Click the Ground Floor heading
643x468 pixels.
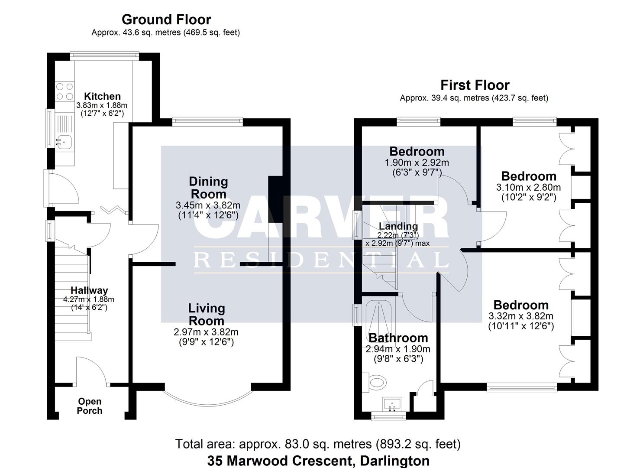166,19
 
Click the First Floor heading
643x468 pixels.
475,85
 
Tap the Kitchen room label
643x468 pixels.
102,96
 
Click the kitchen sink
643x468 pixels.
64,141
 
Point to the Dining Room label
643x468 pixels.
208,188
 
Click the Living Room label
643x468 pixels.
207,315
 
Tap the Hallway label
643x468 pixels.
89,290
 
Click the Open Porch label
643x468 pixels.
90,406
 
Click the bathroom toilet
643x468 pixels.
375,383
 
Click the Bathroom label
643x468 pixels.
398,338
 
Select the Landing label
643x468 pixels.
398,226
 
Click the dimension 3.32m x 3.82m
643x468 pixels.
520,316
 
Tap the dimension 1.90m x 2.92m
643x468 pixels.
417,163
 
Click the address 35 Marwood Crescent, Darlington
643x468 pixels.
318,460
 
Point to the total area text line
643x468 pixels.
318,444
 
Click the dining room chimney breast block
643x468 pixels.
275,199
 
